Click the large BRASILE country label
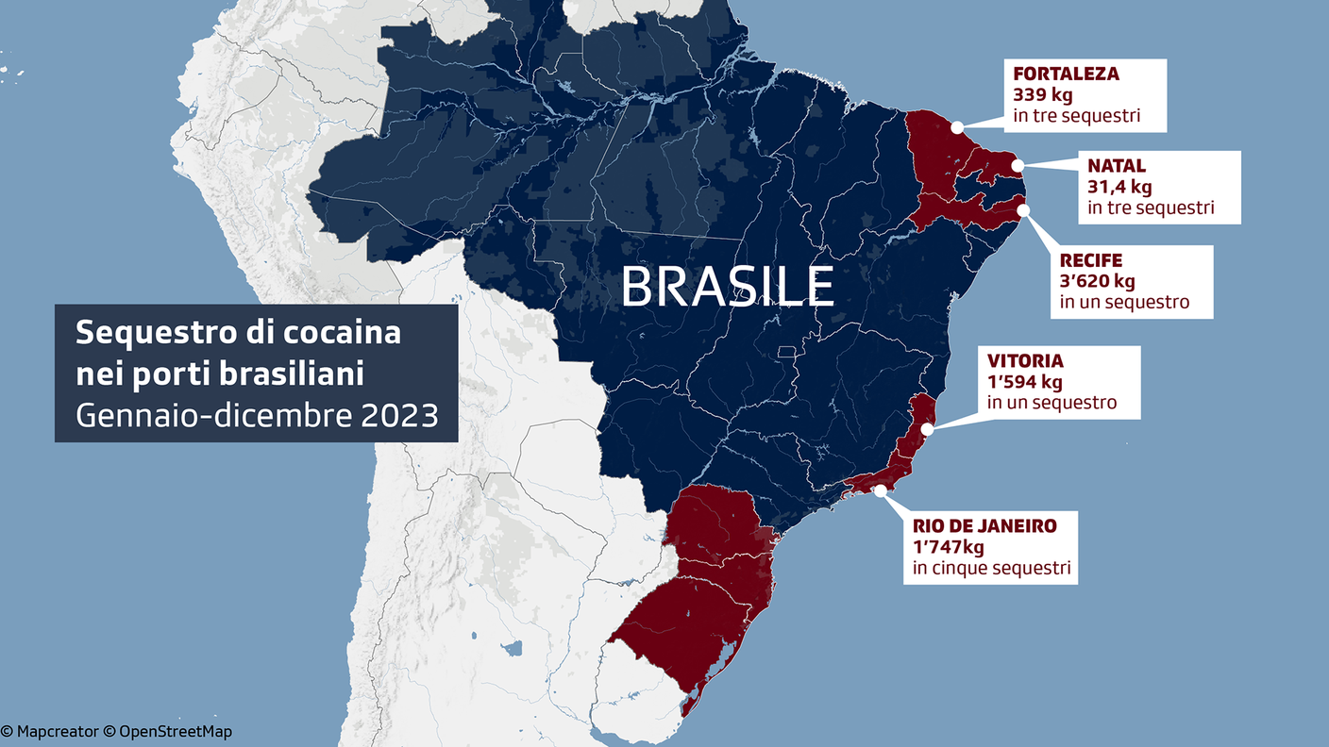pos(728,287)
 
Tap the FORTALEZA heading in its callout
pos(1066,74)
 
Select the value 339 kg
pos(1043,95)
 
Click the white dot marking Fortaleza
pos(957,126)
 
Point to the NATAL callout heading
pos(1116,166)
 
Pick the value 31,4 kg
pos(1119,187)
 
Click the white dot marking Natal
pos(1018,166)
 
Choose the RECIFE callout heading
pos(1090,260)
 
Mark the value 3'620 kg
pos(1097,281)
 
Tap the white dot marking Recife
pos(1023,211)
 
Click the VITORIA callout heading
pos(1025,361)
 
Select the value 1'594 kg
pos(1025,382)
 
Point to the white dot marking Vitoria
pos(927,429)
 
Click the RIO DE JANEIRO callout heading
pos(984,526)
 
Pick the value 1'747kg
pos(949,547)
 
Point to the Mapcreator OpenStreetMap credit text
pos(116,731)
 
